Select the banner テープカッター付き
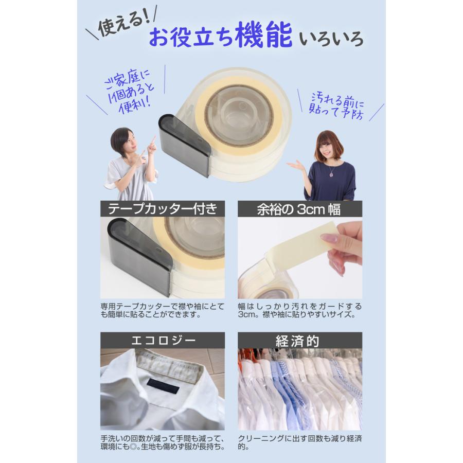(x=163, y=209)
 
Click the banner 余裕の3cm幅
(x=300, y=209)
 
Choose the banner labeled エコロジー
(x=163, y=341)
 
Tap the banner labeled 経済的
(x=300, y=341)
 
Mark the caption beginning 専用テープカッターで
(x=163, y=310)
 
